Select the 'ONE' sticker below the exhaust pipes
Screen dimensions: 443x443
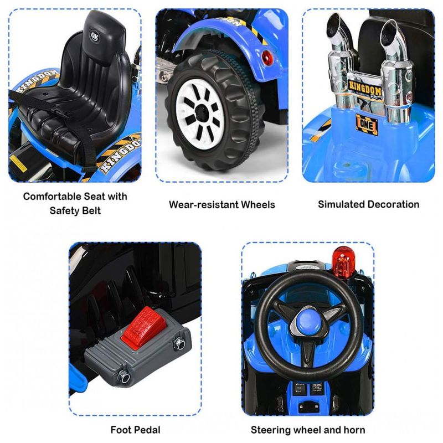click(x=367, y=125)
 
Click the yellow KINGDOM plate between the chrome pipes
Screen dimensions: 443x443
click(x=365, y=90)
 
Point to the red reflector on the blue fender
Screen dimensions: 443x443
click(x=267, y=58)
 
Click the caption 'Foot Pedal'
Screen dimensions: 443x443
click(x=135, y=430)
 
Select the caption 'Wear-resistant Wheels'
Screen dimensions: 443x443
click(x=222, y=204)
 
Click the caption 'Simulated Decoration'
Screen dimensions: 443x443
click(x=368, y=204)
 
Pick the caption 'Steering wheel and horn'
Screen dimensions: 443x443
click(x=308, y=430)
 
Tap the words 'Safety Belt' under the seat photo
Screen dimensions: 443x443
click(x=75, y=210)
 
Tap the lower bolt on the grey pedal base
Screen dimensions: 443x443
click(x=123, y=377)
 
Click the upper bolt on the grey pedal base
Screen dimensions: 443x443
click(x=179, y=343)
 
